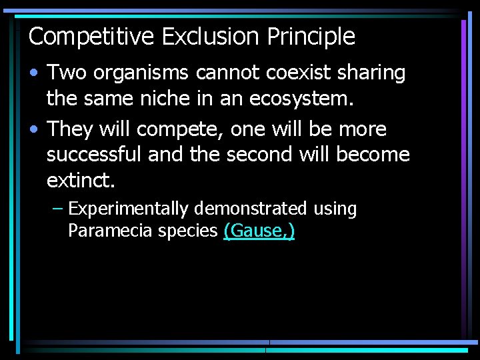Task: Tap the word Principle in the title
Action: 311,36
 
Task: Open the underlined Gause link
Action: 259,231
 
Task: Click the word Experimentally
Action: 129,209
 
